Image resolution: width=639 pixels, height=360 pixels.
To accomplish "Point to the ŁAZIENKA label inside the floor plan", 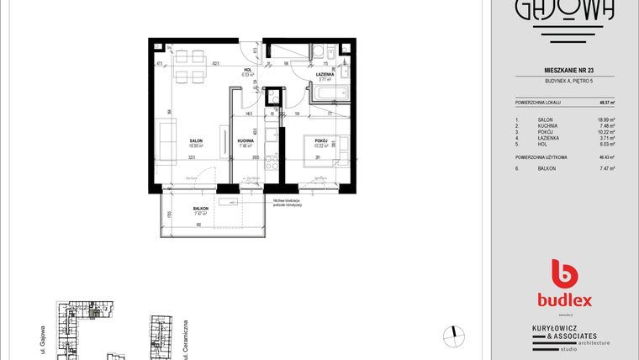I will (326, 75).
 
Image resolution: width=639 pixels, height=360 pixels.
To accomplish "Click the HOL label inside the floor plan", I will (248, 71).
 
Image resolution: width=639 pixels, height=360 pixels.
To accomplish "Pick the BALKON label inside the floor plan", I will (200, 209).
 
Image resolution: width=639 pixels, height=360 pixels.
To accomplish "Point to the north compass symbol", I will (455, 334).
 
